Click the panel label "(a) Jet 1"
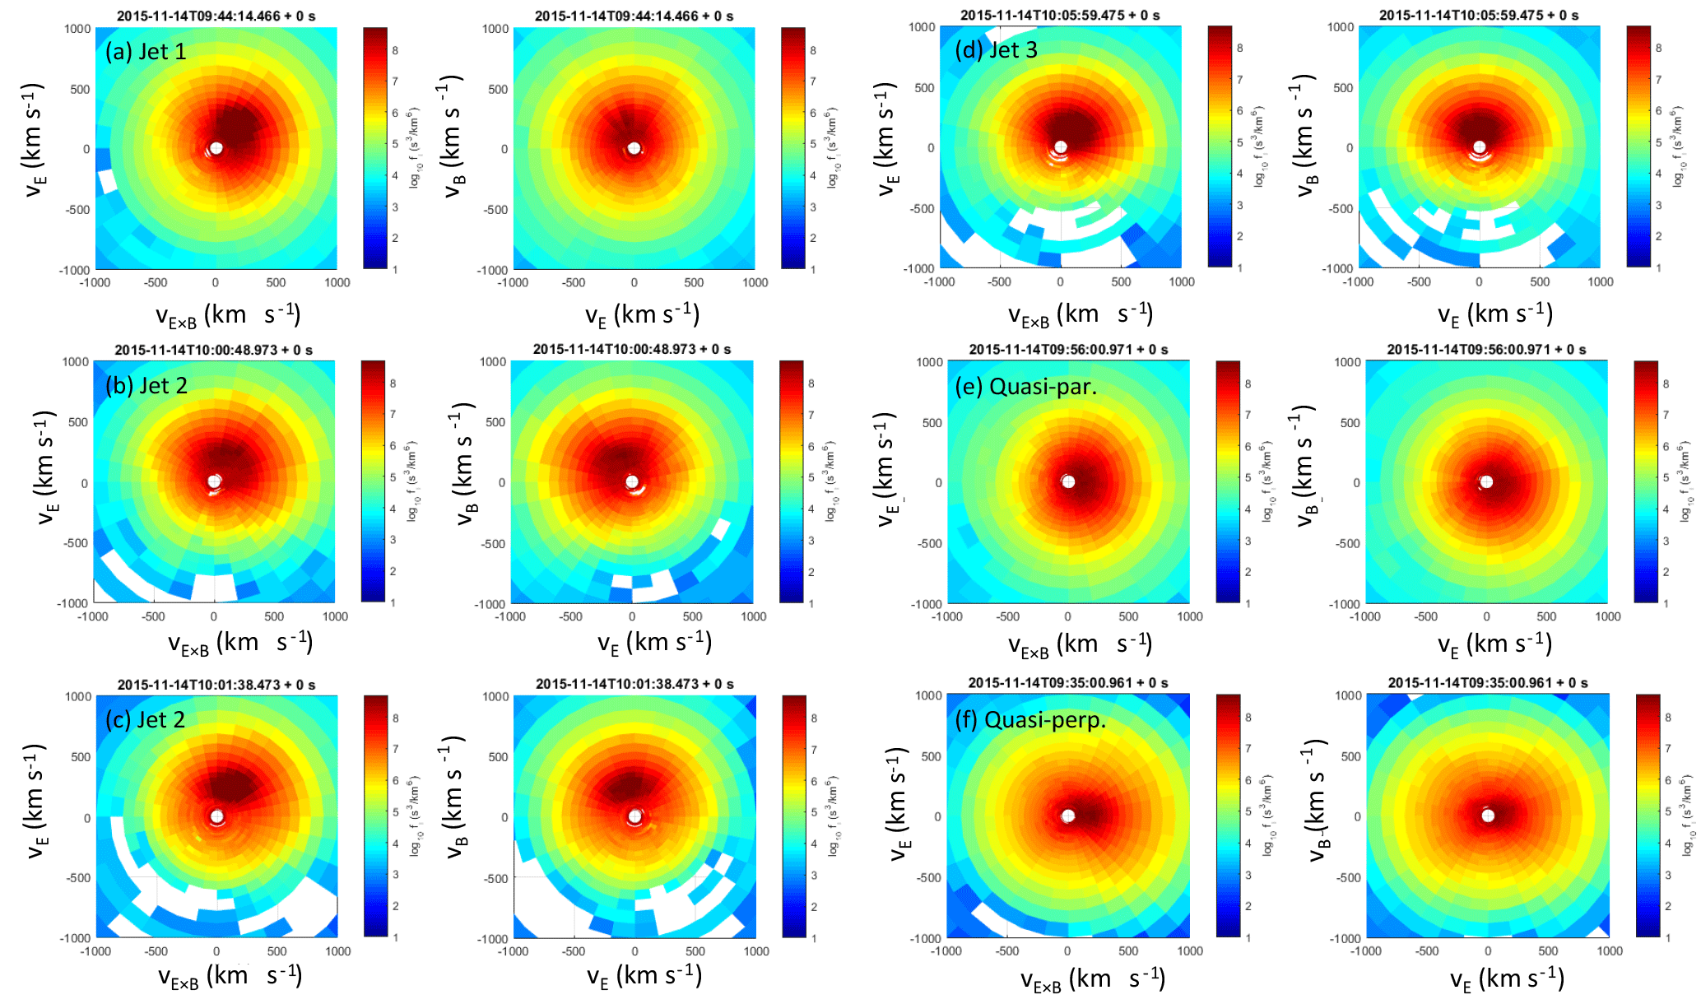pyautogui.click(x=146, y=52)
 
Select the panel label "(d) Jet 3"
pyautogui.click(x=996, y=50)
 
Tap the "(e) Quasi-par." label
pyautogui.click(x=1025, y=386)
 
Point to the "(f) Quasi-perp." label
pyautogui.click(x=1030, y=720)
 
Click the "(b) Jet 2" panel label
pyautogui.click(x=146, y=385)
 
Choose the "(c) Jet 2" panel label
pyautogui.click(x=145, y=720)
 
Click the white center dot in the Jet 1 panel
pyautogui.click(x=216, y=148)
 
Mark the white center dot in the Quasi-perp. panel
pyautogui.click(x=1068, y=816)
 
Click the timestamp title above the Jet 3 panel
pyautogui.click(x=1060, y=16)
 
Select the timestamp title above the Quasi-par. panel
pyautogui.click(x=1068, y=350)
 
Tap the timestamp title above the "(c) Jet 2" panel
pyautogui.click(x=216, y=685)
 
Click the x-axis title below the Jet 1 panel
pyautogui.click(x=228, y=316)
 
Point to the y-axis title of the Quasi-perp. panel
pyautogui.click(x=899, y=804)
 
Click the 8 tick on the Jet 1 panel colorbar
pyautogui.click(x=395, y=50)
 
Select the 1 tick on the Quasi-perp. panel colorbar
pyautogui.click(x=1248, y=937)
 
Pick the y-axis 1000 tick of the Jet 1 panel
pyautogui.click(x=77, y=29)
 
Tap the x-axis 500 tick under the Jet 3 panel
pyautogui.click(x=1121, y=282)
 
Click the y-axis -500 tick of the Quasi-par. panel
pyautogui.click(x=930, y=543)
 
